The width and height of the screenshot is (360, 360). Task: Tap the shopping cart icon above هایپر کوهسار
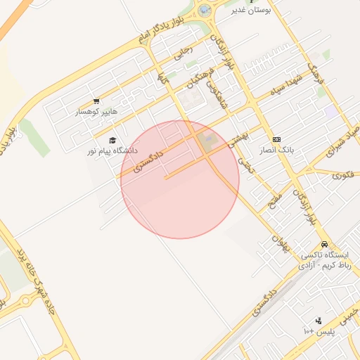(x=96, y=101)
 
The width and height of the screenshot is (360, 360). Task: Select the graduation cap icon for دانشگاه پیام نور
(x=112, y=140)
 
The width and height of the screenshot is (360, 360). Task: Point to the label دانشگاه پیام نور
(x=112, y=150)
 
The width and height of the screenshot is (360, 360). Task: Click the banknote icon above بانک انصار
(x=276, y=140)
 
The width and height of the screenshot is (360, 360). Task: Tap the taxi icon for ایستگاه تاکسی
(x=324, y=243)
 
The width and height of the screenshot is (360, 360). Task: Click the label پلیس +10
(x=319, y=330)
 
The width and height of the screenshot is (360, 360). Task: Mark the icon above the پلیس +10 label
(x=319, y=321)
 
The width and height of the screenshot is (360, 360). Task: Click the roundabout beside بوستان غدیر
(x=205, y=11)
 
